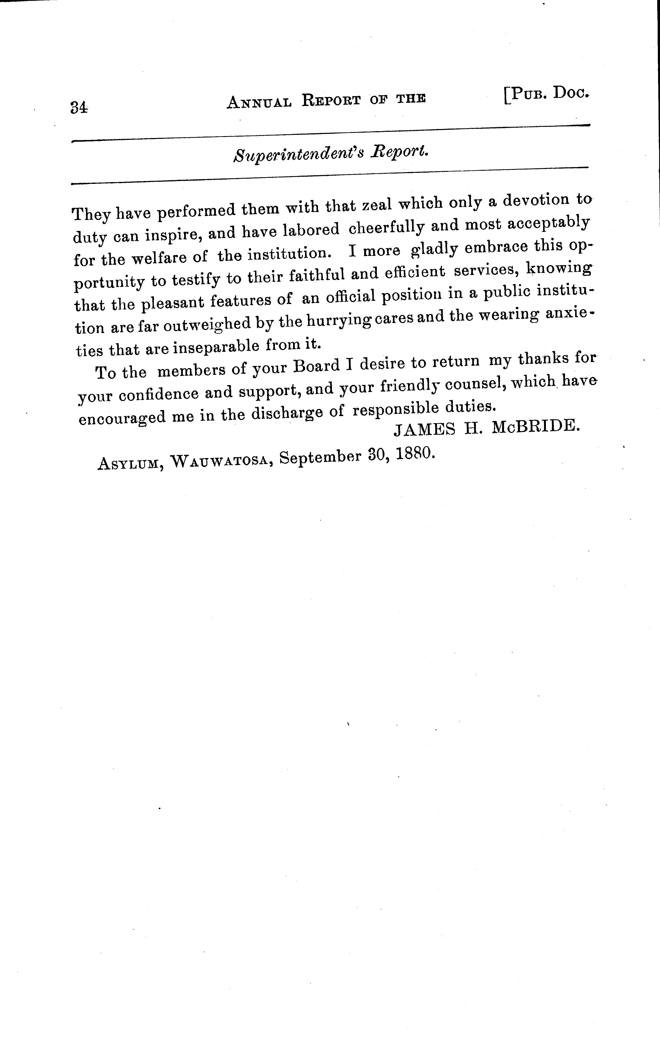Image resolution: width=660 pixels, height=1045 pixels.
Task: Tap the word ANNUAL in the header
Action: click(259, 102)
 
